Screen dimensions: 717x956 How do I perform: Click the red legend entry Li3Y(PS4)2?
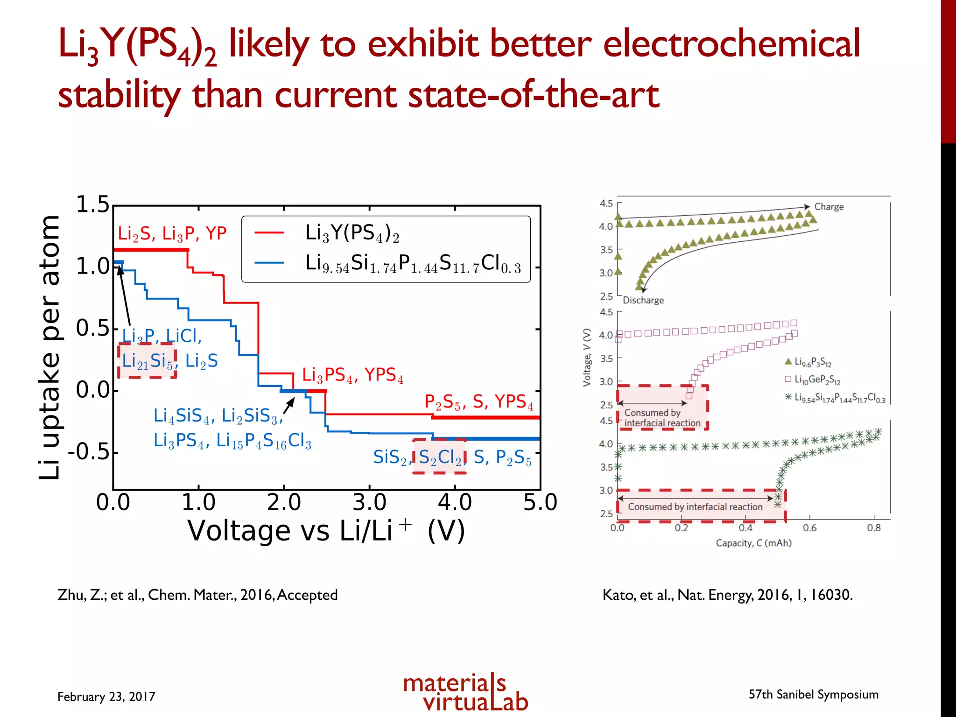pyautogui.click(x=352, y=233)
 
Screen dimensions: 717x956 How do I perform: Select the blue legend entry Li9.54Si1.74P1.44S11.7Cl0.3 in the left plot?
pyautogui.click(x=413, y=264)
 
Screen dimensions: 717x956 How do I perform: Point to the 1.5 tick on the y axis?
pyautogui.click(x=92, y=205)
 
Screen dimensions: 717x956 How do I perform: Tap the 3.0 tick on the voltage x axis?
pyautogui.click(x=369, y=503)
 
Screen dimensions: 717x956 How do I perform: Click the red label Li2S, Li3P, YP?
pyautogui.click(x=172, y=233)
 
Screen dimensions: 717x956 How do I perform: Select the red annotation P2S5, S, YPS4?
pyautogui.click(x=479, y=402)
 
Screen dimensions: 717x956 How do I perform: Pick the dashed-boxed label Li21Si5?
pyautogui.click(x=147, y=361)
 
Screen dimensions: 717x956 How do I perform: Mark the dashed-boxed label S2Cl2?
pyautogui.click(x=439, y=457)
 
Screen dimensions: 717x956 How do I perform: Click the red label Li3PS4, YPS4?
pyautogui.click(x=352, y=375)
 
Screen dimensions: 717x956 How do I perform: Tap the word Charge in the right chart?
pyautogui.click(x=829, y=207)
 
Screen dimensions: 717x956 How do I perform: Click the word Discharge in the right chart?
pyautogui.click(x=643, y=300)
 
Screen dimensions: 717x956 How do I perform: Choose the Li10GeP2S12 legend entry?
pyautogui.click(x=817, y=380)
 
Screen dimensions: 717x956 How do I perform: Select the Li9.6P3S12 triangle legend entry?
pyautogui.click(x=812, y=362)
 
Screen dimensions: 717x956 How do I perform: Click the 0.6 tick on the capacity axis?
pyautogui.click(x=809, y=528)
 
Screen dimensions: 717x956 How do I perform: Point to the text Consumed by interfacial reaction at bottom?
pyautogui.click(x=695, y=506)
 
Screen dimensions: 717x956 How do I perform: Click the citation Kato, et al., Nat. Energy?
pyautogui.click(x=727, y=595)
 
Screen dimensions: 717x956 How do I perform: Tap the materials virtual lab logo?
pyautogui.click(x=465, y=692)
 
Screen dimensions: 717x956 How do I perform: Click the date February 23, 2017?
pyautogui.click(x=106, y=696)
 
